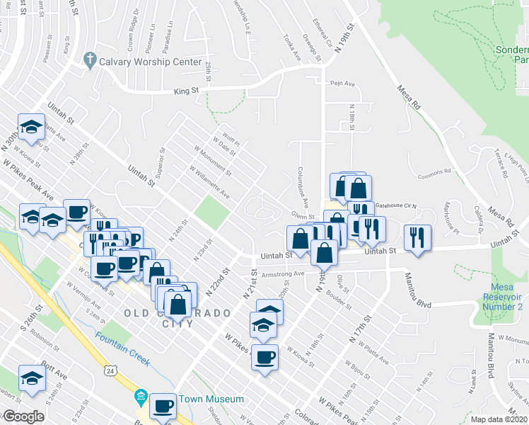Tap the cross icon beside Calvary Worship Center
(x=90, y=61)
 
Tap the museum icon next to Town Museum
(x=141, y=396)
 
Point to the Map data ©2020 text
(x=499, y=419)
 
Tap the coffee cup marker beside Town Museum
(x=163, y=406)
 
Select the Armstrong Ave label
(x=279, y=274)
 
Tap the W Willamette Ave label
(x=209, y=182)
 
